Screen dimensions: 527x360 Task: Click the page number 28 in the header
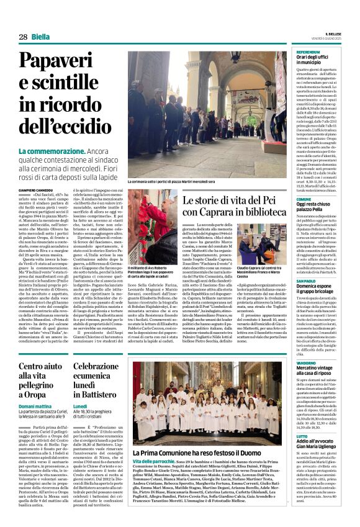(23, 37)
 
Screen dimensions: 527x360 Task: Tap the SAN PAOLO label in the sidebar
(306, 281)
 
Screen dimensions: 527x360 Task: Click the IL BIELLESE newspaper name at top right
(333, 34)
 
